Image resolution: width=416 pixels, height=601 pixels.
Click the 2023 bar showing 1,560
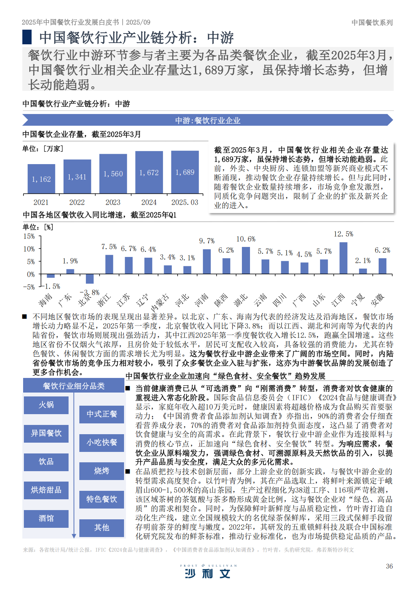[x=113, y=173]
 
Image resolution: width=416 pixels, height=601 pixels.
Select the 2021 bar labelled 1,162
[x=41, y=179]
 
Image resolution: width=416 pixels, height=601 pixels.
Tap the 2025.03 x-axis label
[x=185, y=202]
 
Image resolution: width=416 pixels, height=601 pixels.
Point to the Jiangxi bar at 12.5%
[x=343, y=258]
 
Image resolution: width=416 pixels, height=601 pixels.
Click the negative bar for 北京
[x=90, y=279]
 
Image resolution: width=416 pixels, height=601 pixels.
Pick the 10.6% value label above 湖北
[x=246, y=239]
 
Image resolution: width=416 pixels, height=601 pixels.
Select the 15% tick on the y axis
[x=29, y=236]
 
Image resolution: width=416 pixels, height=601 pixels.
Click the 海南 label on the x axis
[x=45, y=299]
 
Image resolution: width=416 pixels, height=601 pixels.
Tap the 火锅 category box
[x=46, y=405]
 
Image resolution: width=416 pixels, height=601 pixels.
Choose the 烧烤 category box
[x=102, y=471]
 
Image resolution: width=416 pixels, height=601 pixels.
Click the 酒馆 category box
[x=46, y=519]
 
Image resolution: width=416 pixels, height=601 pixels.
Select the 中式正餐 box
[x=102, y=414]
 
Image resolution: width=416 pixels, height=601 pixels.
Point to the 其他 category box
[x=102, y=527]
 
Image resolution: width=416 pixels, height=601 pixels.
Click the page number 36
[x=389, y=566]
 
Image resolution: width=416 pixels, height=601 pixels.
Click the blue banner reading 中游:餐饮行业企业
[x=208, y=121]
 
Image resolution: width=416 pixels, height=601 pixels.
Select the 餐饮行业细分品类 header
[x=74, y=386]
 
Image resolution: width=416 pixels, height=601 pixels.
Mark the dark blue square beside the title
[x=27, y=37]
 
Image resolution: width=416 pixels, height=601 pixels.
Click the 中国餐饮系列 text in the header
[x=372, y=23]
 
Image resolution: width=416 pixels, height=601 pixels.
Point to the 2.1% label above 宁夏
[x=362, y=261]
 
